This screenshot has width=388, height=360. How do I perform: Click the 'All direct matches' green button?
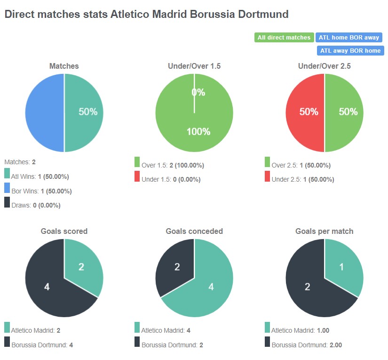click(x=284, y=38)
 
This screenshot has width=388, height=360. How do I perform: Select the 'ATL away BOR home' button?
click(x=350, y=50)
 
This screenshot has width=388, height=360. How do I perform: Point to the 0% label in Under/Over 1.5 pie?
click(x=198, y=93)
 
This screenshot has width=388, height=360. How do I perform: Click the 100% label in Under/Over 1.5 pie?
click(x=198, y=132)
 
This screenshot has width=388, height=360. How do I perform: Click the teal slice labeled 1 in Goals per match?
click(x=342, y=267)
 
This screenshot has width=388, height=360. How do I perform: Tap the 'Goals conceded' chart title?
click(x=194, y=231)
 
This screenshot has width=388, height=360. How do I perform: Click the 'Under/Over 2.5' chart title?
click(x=325, y=66)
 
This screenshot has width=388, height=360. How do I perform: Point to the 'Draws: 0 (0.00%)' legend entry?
click(x=35, y=205)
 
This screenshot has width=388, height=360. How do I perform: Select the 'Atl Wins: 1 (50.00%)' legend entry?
click(x=40, y=177)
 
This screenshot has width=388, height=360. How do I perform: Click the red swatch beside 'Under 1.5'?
click(x=137, y=176)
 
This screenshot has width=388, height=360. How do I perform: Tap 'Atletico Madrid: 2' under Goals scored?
click(x=35, y=331)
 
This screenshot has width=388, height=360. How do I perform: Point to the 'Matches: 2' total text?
click(x=20, y=162)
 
